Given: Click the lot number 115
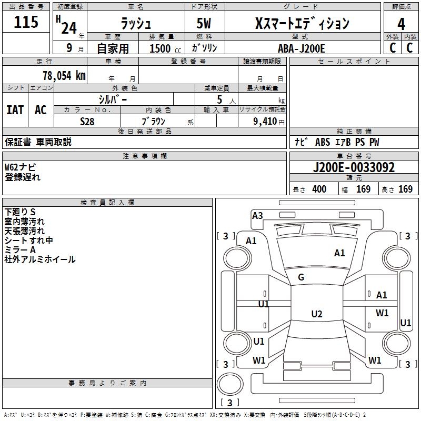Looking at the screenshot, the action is pyautogui.click(x=26, y=22).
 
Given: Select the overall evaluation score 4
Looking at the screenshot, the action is pyautogui.click(x=401, y=24).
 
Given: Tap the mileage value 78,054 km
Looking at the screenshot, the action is pyautogui.click(x=64, y=75).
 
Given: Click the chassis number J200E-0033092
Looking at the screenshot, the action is pyautogui.click(x=354, y=167).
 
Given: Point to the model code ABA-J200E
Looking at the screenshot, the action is pyautogui.click(x=301, y=48).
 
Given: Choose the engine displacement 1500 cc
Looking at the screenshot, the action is pyautogui.click(x=165, y=48).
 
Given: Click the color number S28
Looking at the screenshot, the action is pyautogui.click(x=87, y=122).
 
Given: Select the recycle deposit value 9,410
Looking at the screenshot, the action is pyautogui.click(x=265, y=122).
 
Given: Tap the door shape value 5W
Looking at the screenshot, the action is pyautogui.click(x=204, y=23).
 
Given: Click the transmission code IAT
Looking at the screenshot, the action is pyautogui.click(x=15, y=110).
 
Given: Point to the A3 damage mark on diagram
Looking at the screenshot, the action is pyautogui.click(x=257, y=216).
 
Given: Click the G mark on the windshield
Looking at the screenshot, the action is pyautogui.click(x=301, y=277).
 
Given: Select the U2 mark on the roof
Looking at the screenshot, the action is pyautogui.click(x=317, y=314).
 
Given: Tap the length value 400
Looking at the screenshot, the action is pyautogui.click(x=319, y=189).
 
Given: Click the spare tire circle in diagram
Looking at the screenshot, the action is pyautogui.click(x=230, y=384).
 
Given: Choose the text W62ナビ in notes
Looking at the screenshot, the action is pyautogui.click(x=20, y=167).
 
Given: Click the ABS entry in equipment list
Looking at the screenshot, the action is pyautogui.click(x=323, y=142).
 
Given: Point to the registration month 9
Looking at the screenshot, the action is pyautogui.click(x=69, y=48).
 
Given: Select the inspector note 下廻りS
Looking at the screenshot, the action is pyautogui.click(x=20, y=212).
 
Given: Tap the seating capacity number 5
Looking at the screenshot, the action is pyautogui.click(x=219, y=99).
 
